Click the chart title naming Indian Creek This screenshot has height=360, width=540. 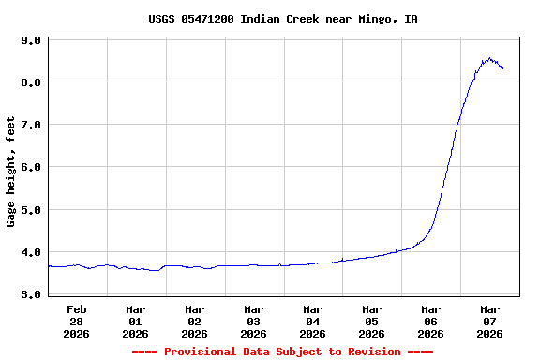coord(283,19)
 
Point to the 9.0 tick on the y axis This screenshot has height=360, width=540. coord(30,40)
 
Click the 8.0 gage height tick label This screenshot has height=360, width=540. coord(30,82)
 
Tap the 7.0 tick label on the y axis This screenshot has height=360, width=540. coord(30,125)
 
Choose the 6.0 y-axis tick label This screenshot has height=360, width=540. coord(30,167)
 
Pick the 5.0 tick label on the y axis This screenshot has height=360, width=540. coord(30,210)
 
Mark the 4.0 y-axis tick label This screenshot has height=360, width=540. coord(30,252)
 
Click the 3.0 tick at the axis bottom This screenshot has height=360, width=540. coord(30,294)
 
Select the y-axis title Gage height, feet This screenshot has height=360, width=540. coord(11,171)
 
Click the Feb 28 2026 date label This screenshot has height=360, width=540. coord(77,321)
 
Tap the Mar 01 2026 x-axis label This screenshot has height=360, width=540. coord(136,321)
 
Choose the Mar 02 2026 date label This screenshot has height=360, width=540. coord(195,321)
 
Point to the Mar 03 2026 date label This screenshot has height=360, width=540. coord(254,321)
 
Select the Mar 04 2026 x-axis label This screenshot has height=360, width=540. coord(313,321)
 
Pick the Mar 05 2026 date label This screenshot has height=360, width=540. coord(372,321)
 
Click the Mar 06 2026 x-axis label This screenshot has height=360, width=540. coord(431,321)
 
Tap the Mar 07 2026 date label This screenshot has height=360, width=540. coord(490,321)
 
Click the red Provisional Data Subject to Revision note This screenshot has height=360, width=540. coord(283,352)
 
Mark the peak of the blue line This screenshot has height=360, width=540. coord(488,58)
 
